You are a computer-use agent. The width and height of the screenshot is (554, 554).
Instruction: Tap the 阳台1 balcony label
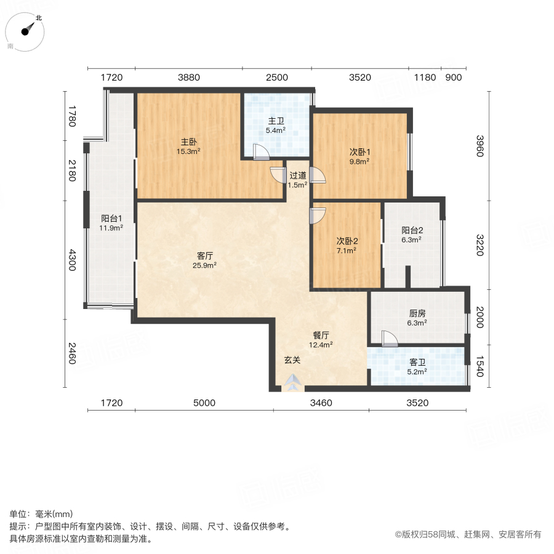(x=112, y=218)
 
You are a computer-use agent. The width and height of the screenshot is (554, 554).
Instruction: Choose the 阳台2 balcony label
(x=412, y=231)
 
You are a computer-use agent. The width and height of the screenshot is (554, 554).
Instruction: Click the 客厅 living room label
(x=205, y=255)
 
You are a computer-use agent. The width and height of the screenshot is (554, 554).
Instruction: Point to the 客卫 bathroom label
(x=417, y=363)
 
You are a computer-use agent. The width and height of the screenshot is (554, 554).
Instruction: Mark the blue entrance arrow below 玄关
(x=293, y=383)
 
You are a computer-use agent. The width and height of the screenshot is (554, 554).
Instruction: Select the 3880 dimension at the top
(x=189, y=78)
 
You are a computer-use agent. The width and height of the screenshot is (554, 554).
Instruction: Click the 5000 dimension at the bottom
(x=204, y=403)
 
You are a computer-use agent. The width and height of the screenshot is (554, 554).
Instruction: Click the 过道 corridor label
(x=297, y=175)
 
